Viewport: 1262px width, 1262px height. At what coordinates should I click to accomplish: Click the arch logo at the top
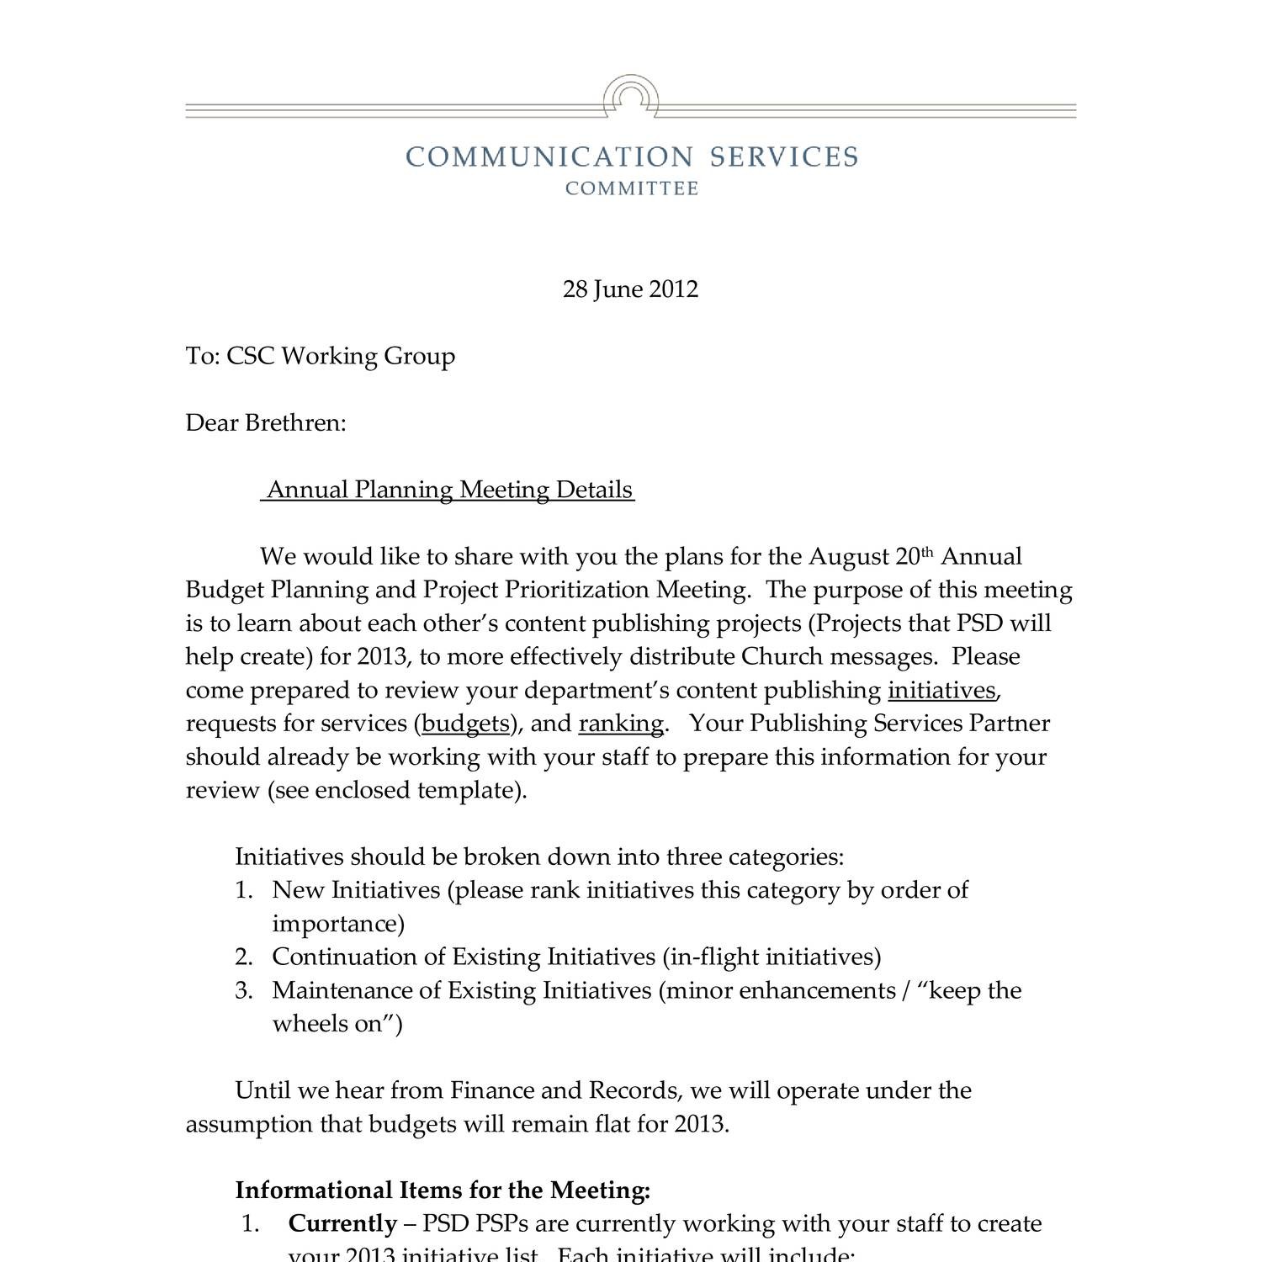coord(631,96)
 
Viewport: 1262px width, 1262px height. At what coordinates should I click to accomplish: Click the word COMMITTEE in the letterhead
coord(631,188)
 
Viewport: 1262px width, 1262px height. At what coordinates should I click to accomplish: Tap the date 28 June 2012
coord(630,289)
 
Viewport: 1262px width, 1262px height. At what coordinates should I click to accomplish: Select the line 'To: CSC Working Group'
coord(320,356)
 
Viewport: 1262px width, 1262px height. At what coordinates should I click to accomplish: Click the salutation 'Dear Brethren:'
coord(266,422)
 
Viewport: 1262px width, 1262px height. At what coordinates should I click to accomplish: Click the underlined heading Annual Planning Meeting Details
coord(449,490)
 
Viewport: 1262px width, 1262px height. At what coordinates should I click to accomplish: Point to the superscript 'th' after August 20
coord(927,552)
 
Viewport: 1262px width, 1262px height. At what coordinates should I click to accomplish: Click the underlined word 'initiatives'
coord(941,691)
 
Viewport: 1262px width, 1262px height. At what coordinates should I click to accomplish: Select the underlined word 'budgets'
coord(465,724)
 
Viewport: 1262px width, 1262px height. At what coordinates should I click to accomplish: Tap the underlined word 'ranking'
coord(621,724)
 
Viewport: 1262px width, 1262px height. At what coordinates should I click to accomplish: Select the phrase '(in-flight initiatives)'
coord(772,957)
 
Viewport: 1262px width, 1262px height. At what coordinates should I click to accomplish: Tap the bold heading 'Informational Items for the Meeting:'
coord(443,1190)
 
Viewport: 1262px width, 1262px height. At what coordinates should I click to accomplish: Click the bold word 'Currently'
coord(342,1224)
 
